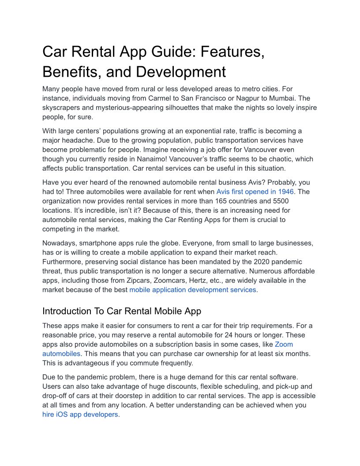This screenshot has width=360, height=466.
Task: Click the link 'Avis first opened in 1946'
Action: point(257,192)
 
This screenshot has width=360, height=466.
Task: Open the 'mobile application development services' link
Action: point(192,290)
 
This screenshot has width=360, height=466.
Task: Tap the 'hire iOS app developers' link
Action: point(80,415)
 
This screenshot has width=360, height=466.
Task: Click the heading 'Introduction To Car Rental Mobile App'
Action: point(122,311)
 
